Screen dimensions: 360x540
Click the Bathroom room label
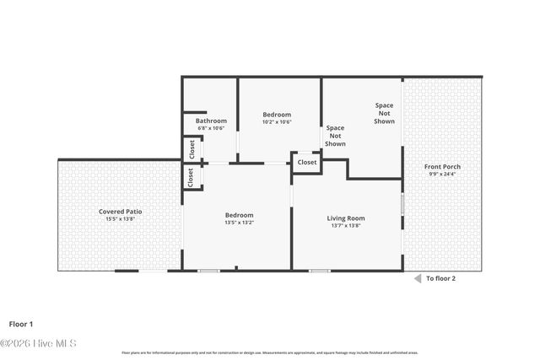click(x=211, y=121)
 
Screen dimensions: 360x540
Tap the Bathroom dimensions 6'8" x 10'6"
click(x=211, y=128)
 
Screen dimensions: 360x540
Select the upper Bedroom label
click(x=277, y=115)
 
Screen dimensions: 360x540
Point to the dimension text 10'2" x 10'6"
click(x=277, y=122)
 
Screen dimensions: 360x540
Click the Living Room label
click(x=346, y=218)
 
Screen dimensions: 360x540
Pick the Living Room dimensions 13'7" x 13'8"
click(x=346, y=225)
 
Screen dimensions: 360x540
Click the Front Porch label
click(x=442, y=166)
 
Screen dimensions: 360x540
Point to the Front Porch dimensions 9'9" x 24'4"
click(x=442, y=175)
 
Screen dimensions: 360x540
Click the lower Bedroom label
click(x=239, y=215)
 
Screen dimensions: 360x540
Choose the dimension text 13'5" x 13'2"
click(x=239, y=223)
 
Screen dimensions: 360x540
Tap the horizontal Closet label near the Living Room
click(x=307, y=162)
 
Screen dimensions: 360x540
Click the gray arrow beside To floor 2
click(x=416, y=277)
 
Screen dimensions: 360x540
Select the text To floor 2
click(x=441, y=277)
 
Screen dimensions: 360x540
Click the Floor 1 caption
click(x=21, y=323)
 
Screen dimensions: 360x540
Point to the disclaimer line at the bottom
click(x=270, y=352)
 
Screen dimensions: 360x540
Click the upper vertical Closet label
click(x=192, y=150)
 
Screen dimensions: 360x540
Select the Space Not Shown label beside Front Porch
click(x=385, y=113)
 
